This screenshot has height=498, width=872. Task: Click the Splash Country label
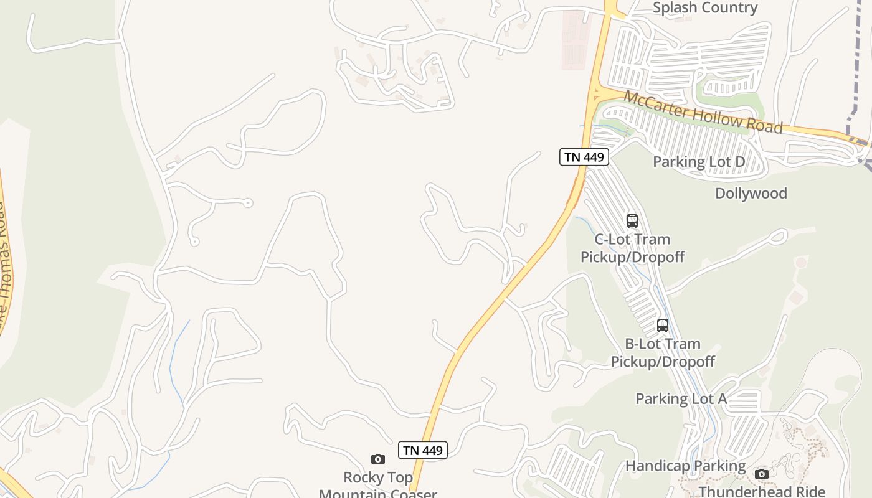pyautogui.click(x=704, y=8)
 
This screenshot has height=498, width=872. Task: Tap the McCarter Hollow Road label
pyautogui.click(x=703, y=112)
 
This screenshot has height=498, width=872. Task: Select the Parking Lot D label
pyautogui.click(x=698, y=162)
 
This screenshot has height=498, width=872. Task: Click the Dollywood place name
pyautogui.click(x=751, y=193)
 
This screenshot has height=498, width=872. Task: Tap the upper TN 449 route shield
pyautogui.click(x=584, y=157)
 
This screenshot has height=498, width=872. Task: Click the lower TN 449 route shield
pyautogui.click(x=423, y=450)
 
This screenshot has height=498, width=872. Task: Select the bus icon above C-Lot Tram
pyautogui.click(x=632, y=221)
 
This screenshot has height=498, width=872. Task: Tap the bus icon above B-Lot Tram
pyautogui.click(x=662, y=325)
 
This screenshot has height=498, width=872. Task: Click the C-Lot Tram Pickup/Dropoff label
pyautogui.click(x=632, y=248)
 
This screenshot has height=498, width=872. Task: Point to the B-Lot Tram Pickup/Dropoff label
pyautogui.click(x=662, y=352)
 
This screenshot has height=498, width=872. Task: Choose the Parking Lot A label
pyautogui.click(x=681, y=398)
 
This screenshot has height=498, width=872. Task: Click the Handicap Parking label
pyautogui.click(x=685, y=466)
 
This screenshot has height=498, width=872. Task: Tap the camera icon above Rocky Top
pyautogui.click(x=378, y=459)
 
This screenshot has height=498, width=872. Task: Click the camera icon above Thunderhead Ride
pyautogui.click(x=761, y=474)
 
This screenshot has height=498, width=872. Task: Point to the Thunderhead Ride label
pyautogui.click(x=762, y=491)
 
